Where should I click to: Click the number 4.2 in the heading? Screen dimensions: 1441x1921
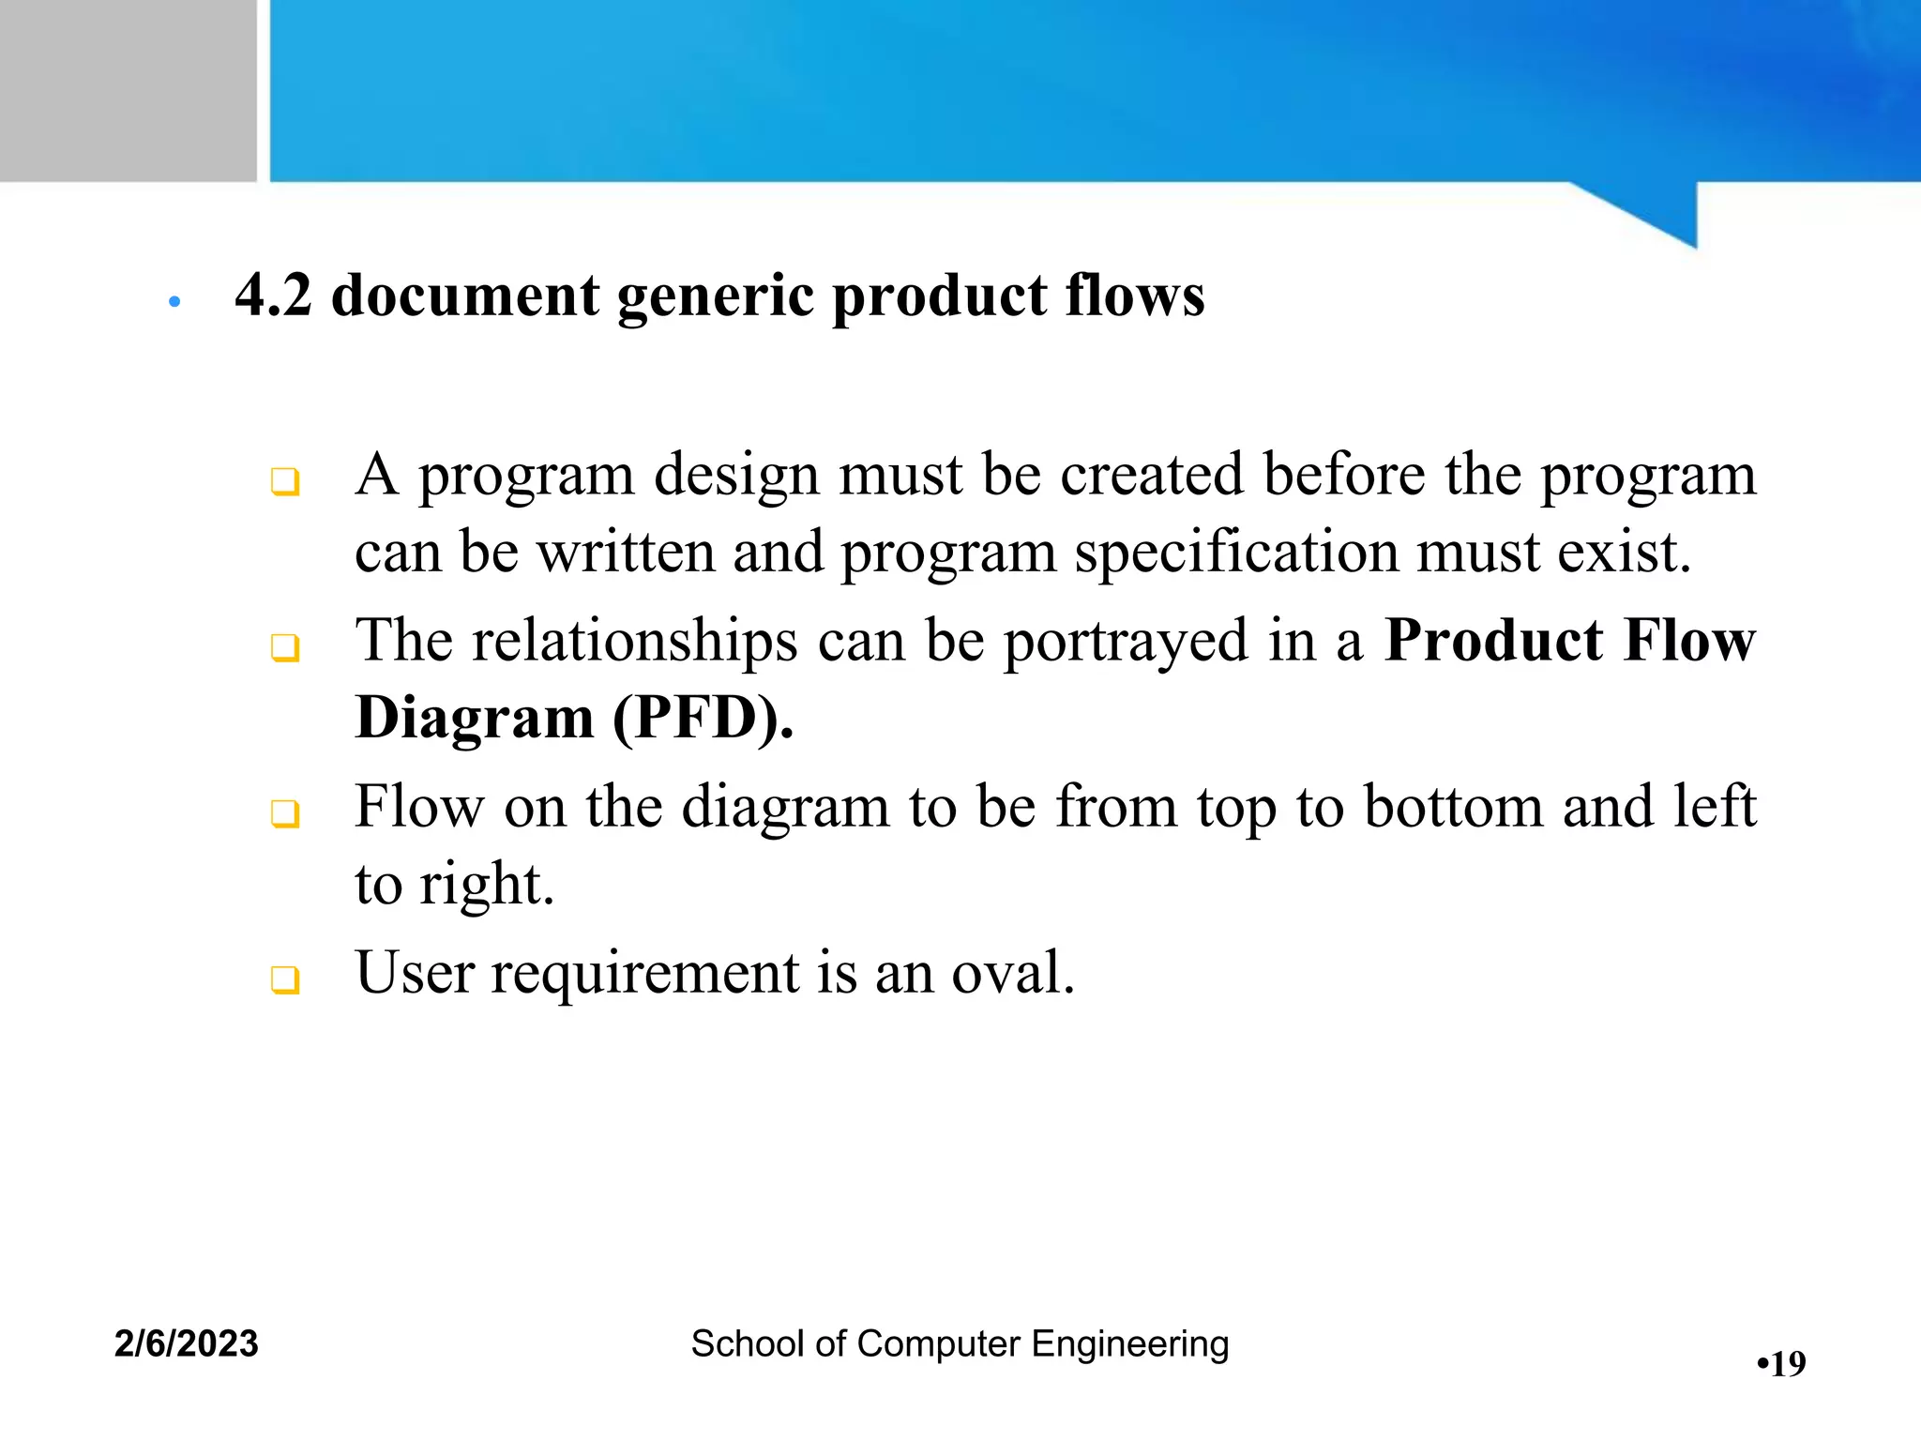tap(272, 296)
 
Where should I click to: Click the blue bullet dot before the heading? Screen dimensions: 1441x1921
tap(174, 302)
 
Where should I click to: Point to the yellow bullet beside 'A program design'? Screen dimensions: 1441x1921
tap(284, 482)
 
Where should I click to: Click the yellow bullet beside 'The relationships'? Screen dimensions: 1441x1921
tap(284, 647)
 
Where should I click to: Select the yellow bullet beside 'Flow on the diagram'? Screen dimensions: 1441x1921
tap(284, 813)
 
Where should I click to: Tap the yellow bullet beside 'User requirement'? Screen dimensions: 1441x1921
tap(284, 979)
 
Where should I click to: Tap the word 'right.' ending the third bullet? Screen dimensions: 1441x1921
tap(487, 885)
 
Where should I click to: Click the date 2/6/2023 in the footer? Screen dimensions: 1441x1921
tap(187, 1343)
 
